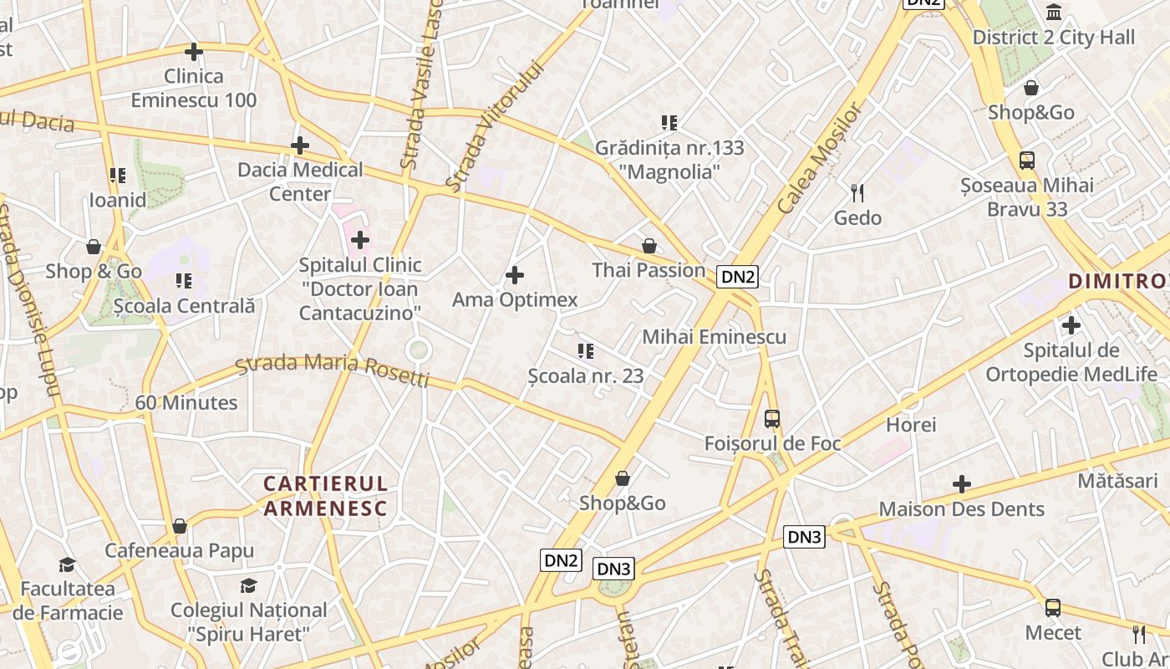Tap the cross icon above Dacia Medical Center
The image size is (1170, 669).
[x=300, y=146]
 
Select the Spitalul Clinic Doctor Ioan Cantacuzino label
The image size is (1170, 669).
[x=360, y=289]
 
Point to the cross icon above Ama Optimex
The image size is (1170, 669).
[x=515, y=274]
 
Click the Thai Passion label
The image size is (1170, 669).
[x=649, y=270]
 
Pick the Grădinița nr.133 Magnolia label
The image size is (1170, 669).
[x=669, y=160]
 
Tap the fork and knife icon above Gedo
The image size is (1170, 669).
[x=857, y=193]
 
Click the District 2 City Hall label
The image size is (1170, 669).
[x=1054, y=38]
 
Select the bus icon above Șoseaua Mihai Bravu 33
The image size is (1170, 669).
[x=1027, y=161]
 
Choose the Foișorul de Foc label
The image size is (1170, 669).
[x=772, y=443]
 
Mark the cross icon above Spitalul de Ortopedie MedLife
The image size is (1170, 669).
[x=1071, y=325]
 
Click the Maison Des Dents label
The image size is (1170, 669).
[x=961, y=509]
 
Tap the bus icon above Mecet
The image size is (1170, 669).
[x=1053, y=608]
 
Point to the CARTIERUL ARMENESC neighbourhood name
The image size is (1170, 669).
[x=326, y=496]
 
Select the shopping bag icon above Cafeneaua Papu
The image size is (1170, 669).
[x=180, y=526]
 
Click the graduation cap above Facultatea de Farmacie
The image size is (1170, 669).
[x=68, y=564]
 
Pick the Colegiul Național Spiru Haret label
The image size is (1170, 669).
[x=249, y=621]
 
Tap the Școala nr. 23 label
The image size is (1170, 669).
[x=586, y=376]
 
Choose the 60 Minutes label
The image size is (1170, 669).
[x=186, y=403]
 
